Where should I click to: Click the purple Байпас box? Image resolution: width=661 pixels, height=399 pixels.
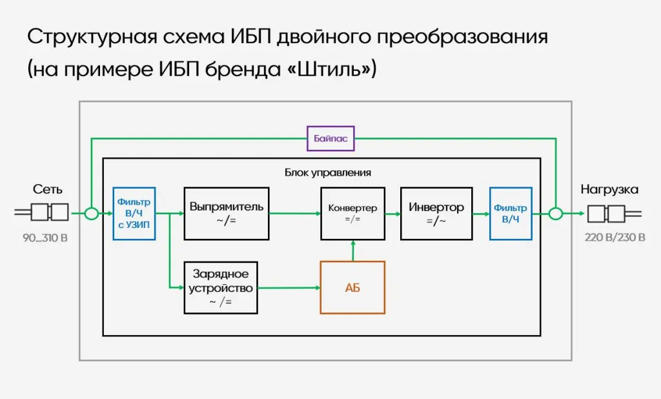coord(330,138)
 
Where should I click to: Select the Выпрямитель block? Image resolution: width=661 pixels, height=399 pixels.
coord(226,214)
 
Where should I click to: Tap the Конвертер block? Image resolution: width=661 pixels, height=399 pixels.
coord(352,214)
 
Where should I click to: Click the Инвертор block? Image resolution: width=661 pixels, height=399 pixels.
coord(436,214)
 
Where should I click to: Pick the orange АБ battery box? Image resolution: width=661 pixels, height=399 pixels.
coord(352,287)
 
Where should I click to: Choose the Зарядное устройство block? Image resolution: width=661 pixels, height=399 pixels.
coord(221,287)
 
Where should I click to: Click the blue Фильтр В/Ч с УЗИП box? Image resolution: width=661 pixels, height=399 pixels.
coord(134,214)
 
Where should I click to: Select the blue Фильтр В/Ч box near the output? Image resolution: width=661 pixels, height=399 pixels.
coord(511,214)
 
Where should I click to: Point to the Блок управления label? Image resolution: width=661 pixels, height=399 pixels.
coord(327,172)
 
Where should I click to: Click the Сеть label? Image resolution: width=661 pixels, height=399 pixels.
coord(48,189)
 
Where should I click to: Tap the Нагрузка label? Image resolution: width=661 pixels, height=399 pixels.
coord(609,189)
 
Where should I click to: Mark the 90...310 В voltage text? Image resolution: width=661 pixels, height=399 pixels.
coord(45,238)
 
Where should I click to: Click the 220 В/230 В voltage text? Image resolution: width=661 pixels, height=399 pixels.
coord(615,238)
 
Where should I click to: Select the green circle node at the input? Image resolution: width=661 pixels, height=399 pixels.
coord(92,213)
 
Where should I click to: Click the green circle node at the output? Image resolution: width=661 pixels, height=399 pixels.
coord(555,213)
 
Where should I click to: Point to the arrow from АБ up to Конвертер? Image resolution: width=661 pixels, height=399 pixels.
coord(352,251)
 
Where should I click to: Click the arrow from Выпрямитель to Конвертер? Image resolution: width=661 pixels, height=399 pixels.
coord(294,213)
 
